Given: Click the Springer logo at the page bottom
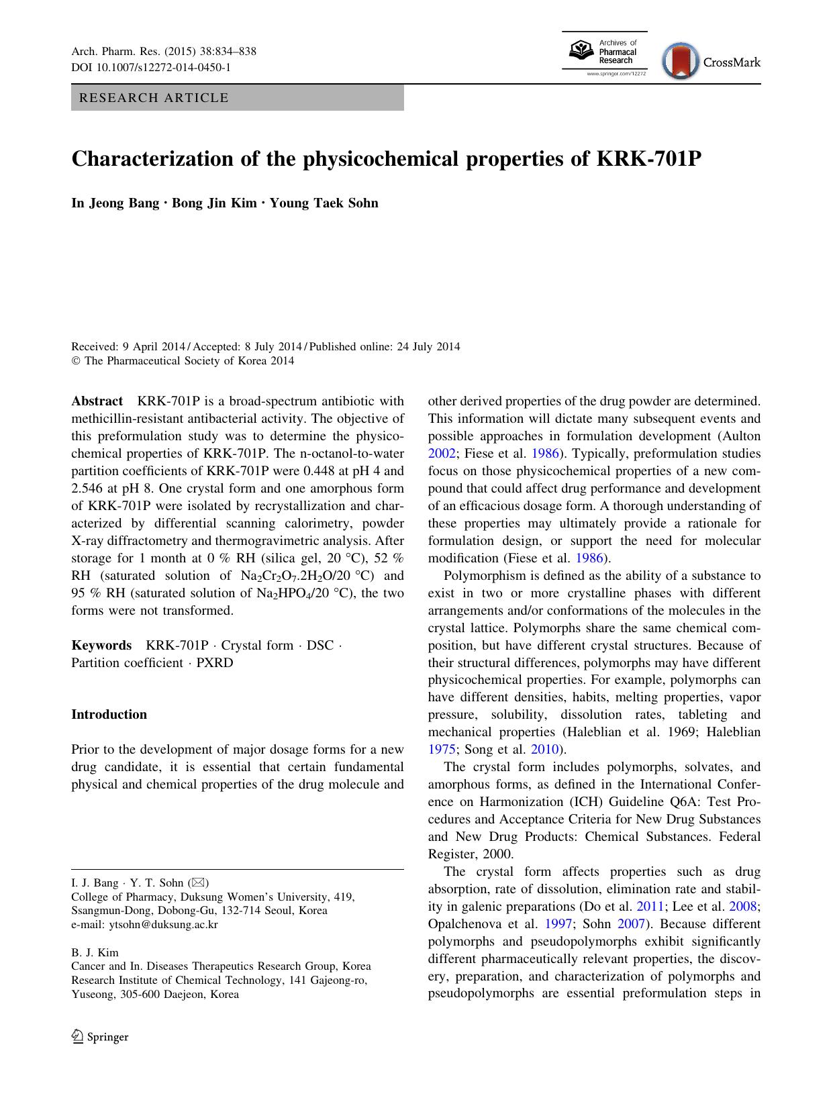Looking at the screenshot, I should [x=100, y=1037].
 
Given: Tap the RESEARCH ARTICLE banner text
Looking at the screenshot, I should [x=154, y=98].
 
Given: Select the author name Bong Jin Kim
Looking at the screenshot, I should [x=214, y=203].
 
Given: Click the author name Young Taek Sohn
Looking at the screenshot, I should [x=324, y=203].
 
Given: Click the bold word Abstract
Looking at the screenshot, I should [x=97, y=401].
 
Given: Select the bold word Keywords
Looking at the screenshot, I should [x=101, y=646].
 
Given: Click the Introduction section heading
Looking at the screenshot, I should [x=109, y=715].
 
